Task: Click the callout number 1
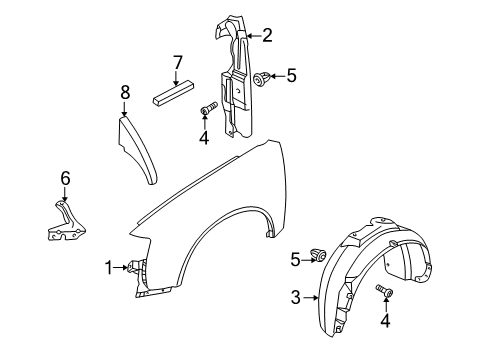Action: tap(109, 268)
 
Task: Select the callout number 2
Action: tap(267, 35)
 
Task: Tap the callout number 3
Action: tap(296, 297)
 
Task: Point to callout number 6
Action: tap(65, 178)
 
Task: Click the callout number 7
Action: tap(178, 63)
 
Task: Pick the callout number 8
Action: tap(125, 92)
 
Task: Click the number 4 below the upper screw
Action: tap(204, 137)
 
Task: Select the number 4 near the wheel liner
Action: tap(385, 320)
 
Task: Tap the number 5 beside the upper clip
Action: tap(291, 76)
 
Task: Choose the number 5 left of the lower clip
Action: tap(295, 260)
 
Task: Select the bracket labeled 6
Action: tap(66, 221)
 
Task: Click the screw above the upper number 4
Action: tap(208, 108)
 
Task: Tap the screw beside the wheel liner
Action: tap(385, 290)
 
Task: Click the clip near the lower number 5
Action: tap(319, 255)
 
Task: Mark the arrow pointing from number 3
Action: tap(311, 298)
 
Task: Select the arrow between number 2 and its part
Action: tap(254, 36)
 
